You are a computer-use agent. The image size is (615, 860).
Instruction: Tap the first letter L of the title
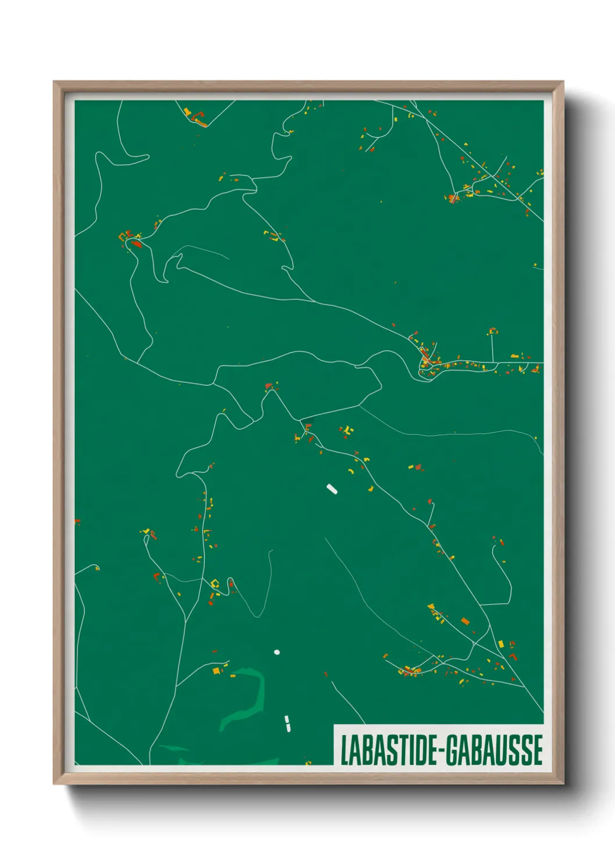pos(344,750)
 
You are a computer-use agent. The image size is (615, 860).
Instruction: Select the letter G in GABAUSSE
pos(452,750)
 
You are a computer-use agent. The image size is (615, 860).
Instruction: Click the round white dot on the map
pos(277,651)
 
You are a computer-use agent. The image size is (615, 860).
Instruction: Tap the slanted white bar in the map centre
pos(332,489)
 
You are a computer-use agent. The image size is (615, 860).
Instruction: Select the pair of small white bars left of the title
pos(287,723)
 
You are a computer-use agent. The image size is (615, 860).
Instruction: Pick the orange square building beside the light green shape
pos(216,671)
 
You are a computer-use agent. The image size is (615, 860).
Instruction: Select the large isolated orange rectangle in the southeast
pos(465,621)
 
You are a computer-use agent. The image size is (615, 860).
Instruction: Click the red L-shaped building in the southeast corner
pos(512,656)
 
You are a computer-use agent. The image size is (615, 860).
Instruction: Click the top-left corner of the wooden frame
pos(54,82)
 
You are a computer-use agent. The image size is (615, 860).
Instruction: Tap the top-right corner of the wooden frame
pos(563,82)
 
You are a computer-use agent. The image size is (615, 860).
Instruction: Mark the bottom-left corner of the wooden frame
pos(54,784)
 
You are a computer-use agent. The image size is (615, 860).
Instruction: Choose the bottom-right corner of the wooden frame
pos(563,784)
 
